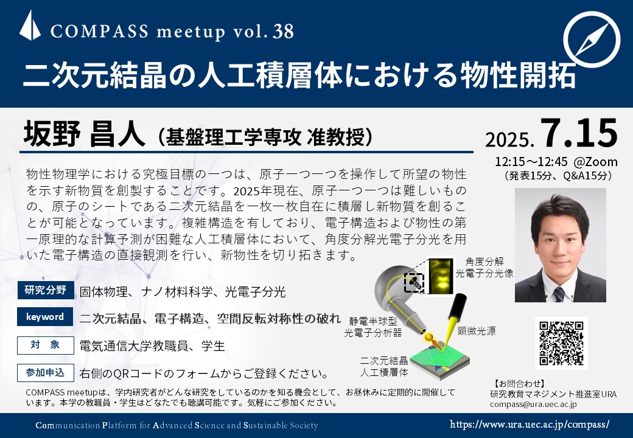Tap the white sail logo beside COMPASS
tap(30, 26)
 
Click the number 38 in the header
tap(283, 32)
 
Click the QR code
tap(561, 343)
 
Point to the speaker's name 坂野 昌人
tap(84, 134)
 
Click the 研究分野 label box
tap(46, 290)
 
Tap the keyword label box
tap(45, 316)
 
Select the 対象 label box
tap(46, 346)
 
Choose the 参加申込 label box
tap(46, 373)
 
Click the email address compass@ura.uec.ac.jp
tap(533, 404)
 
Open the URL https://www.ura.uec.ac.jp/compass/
tap(530, 424)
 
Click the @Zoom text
tap(595, 162)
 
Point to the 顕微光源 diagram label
tap(477, 331)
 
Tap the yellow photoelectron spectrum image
tap(441, 276)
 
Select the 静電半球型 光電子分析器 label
tap(373, 327)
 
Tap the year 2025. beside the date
tap(510, 139)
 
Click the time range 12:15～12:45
tap(531, 162)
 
